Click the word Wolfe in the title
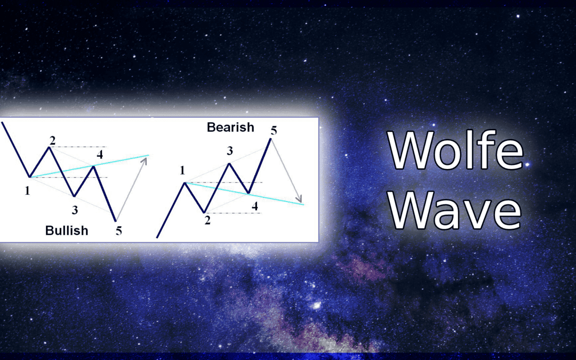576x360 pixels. [x=455, y=150]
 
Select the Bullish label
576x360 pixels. [x=67, y=231]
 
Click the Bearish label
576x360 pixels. [x=230, y=127]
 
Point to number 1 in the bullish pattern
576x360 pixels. [x=27, y=190]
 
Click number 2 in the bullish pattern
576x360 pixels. [x=52, y=140]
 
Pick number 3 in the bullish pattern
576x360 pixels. [x=75, y=210]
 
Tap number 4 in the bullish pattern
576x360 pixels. [x=100, y=155]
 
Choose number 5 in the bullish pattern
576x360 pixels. [x=118, y=231]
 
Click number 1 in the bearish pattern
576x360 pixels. [x=182, y=170]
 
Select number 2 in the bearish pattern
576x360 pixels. [x=207, y=220]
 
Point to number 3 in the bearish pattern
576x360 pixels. [x=229, y=150]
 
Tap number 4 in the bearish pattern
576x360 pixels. [x=254, y=206]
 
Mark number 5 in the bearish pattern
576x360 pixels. [x=274, y=131]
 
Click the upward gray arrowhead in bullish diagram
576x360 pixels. [x=145, y=161]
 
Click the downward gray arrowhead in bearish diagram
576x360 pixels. [x=300, y=198]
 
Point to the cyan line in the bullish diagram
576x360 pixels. [x=90, y=166]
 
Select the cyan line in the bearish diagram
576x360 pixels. [x=244, y=193]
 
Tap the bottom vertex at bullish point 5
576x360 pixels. [x=116, y=221]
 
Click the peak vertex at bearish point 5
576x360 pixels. [x=271, y=139]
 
